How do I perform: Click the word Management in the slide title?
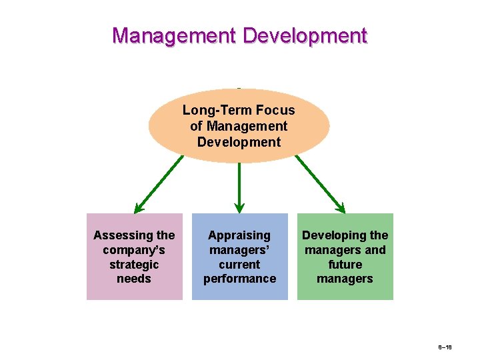coord(174,35)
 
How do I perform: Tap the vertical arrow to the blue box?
coord(239,187)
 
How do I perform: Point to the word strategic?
coord(134,265)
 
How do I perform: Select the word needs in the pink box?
coord(134,279)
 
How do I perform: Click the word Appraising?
coord(239,235)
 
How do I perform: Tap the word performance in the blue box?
coord(239,279)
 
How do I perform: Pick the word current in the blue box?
coord(239,265)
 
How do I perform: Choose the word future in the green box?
coord(345,265)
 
